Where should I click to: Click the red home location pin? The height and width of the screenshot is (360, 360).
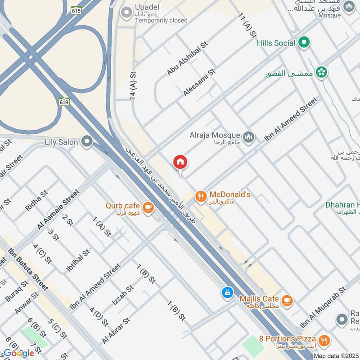point(180,162)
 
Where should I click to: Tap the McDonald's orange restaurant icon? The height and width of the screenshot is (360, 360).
point(200,196)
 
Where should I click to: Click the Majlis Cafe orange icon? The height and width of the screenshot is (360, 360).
point(287,300)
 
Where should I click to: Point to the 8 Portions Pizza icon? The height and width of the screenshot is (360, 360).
point(323,340)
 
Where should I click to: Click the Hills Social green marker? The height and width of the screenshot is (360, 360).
point(305,43)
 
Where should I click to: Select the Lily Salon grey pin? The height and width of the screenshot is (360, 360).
point(87,142)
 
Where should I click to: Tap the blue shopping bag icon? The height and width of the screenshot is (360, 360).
point(228,292)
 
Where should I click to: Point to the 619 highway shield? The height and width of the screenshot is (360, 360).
point(64,103)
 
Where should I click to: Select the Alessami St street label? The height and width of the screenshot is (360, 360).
point(199,82)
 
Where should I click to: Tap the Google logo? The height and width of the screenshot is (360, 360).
point(19,353)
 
